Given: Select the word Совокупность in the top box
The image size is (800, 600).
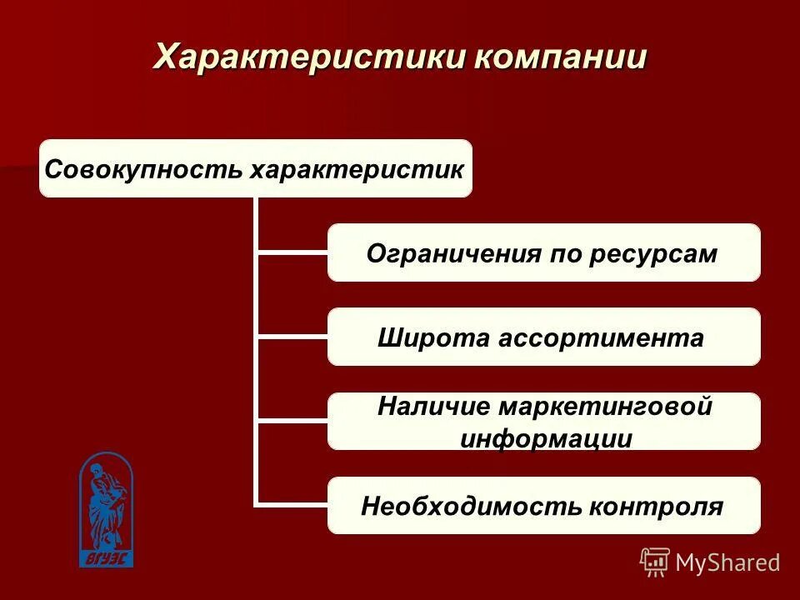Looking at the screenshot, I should point(144,169).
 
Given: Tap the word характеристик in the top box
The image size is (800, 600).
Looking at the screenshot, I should point(357,169).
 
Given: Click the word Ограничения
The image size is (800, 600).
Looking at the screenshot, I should point(452,253).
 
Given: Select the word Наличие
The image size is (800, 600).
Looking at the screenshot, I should point(434,407).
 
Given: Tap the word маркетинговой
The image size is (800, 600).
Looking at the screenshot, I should point(607,407).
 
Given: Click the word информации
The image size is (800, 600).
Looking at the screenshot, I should point(545,438).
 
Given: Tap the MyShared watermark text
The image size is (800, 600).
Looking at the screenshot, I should point(727,562).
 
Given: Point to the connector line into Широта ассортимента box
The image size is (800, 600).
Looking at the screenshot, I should point(292,336).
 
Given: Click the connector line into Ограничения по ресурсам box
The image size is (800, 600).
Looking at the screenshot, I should point(292,252).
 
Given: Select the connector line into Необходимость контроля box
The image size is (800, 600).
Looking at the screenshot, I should point(292,503).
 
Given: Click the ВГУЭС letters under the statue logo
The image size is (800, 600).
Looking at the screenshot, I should point(106,559).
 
